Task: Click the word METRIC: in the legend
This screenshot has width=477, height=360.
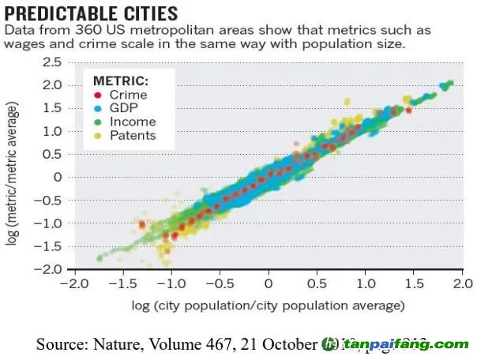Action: [x=121, y=81]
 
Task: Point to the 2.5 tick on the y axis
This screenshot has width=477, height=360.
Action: [x=51, y=62]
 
